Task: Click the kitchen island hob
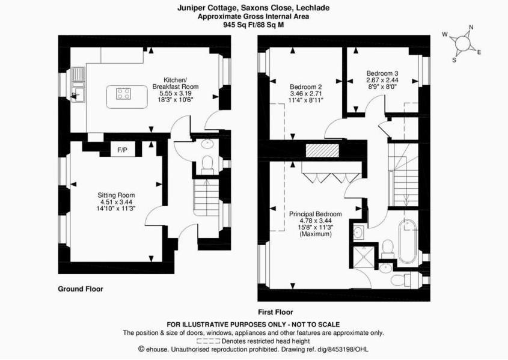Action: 124,93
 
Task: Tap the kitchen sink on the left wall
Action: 78,84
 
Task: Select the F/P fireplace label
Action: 122,150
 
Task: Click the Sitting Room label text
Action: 117,195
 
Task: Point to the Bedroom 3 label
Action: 382,73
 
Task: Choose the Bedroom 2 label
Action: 306,87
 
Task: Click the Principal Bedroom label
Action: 316,214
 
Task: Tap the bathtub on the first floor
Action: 408,241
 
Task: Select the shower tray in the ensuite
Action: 363,256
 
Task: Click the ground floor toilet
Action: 207,164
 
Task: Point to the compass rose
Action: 462,43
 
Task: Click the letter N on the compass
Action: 471,27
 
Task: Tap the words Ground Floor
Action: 81,289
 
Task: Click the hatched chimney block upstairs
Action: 323,150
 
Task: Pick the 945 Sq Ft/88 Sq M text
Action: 253,25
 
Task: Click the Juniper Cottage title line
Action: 253,8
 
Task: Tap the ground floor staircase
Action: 206,198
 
